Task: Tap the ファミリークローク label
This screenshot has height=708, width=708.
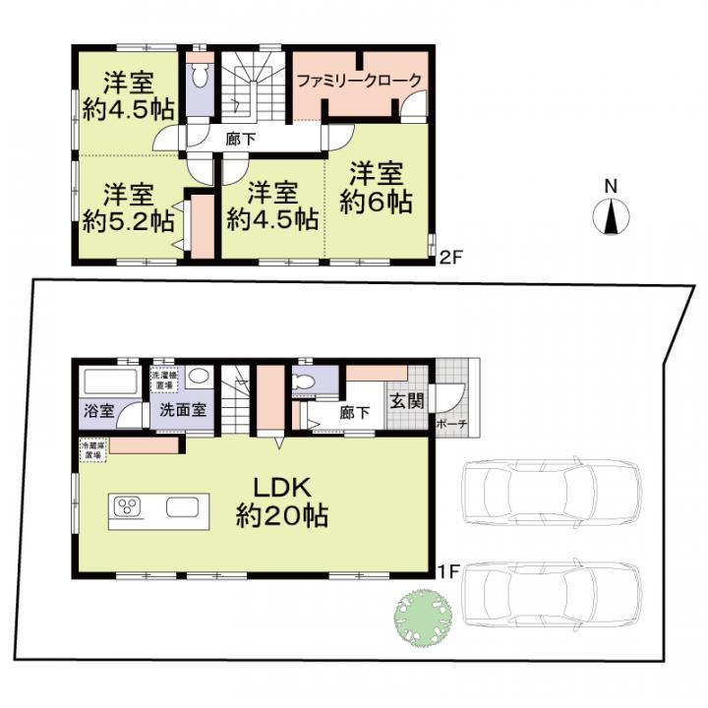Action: point(360,82)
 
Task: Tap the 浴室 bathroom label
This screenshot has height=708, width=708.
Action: point(97,410)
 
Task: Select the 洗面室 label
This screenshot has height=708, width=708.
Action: point(183,410)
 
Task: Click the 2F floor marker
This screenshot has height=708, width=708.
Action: point(450,259)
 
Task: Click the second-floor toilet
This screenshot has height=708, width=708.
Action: point(199,77)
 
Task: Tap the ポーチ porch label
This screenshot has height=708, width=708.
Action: point(453,424)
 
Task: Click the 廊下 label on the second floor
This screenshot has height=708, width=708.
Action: point(240,140)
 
